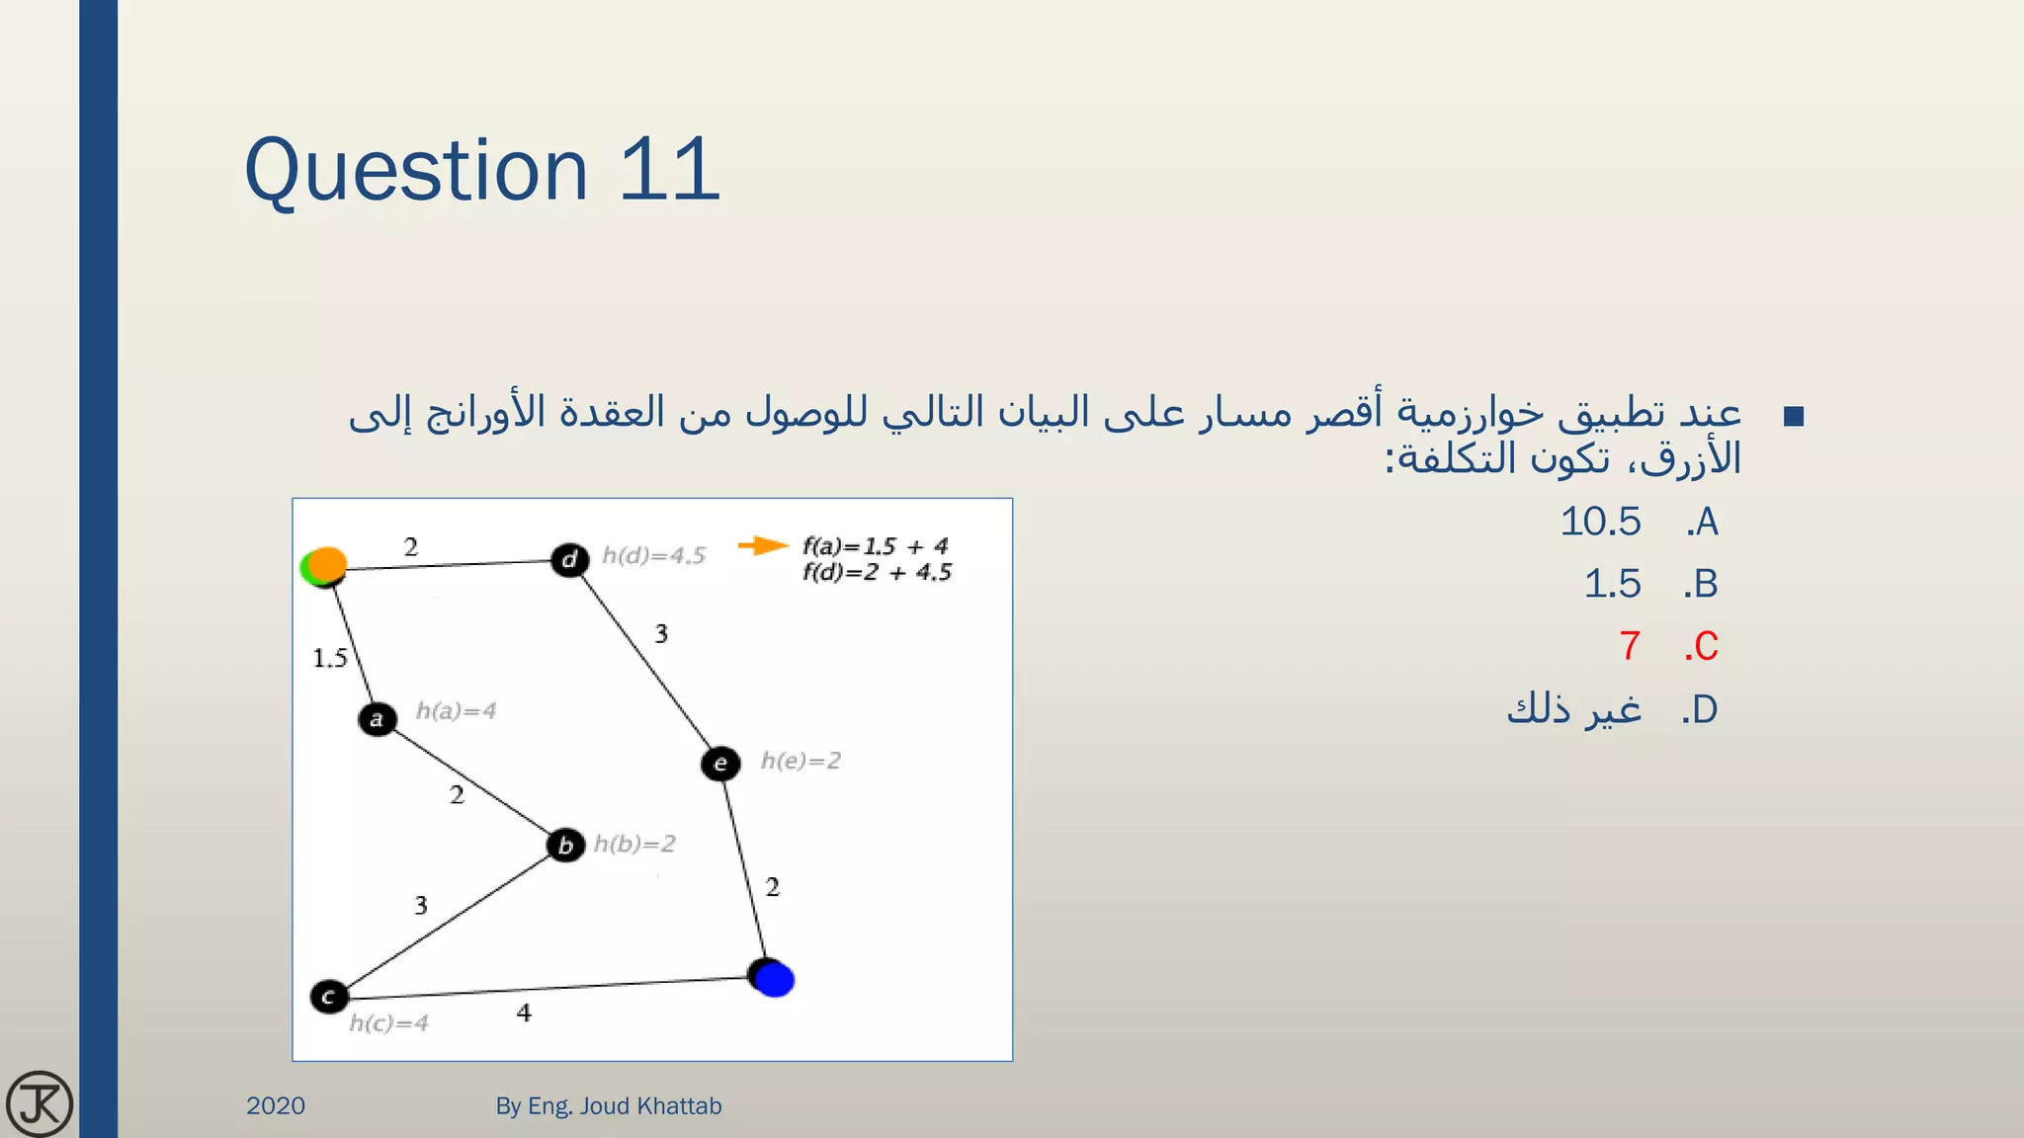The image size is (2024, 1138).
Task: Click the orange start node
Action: tap(326, 564)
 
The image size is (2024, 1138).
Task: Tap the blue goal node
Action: tap(774, 979)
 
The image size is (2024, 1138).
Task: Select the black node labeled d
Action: tap(570, 560)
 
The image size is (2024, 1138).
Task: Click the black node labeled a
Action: tap(377, 718)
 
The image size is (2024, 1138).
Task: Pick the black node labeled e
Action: tap(720, 764)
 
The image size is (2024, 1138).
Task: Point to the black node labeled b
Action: tap(565, 846)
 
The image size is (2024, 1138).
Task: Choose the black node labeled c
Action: tap(329, 997)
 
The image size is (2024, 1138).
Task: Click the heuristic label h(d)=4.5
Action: tap(654, 556)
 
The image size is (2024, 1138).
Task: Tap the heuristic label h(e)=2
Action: tap(801, 761)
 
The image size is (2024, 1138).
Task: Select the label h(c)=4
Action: tap(389, 1023)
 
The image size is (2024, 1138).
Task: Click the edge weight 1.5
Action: tap(330, 658)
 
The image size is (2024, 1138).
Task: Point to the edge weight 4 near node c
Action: tap(524, 1013)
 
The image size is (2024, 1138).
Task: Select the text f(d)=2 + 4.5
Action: tap(877, 573)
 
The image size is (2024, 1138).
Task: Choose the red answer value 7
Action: tap(1630, 647)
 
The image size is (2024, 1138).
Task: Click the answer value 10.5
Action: tap(1600, 522)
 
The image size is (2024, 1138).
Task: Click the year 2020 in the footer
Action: tap(276, 1105)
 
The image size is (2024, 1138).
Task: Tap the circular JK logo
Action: tap(40, 1103)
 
